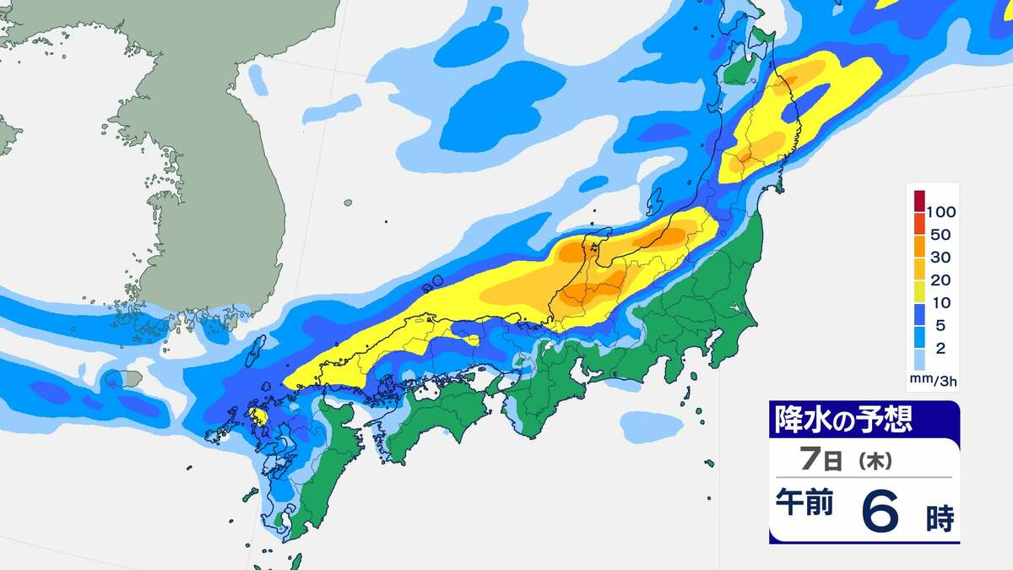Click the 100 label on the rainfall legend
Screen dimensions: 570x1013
940,210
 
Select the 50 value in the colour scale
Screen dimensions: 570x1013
940,234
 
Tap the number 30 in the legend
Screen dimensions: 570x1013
940,257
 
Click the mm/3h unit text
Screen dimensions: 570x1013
933,381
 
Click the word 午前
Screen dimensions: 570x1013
805,504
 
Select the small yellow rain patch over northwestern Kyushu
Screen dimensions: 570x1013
257,415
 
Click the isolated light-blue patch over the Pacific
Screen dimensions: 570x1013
652,426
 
